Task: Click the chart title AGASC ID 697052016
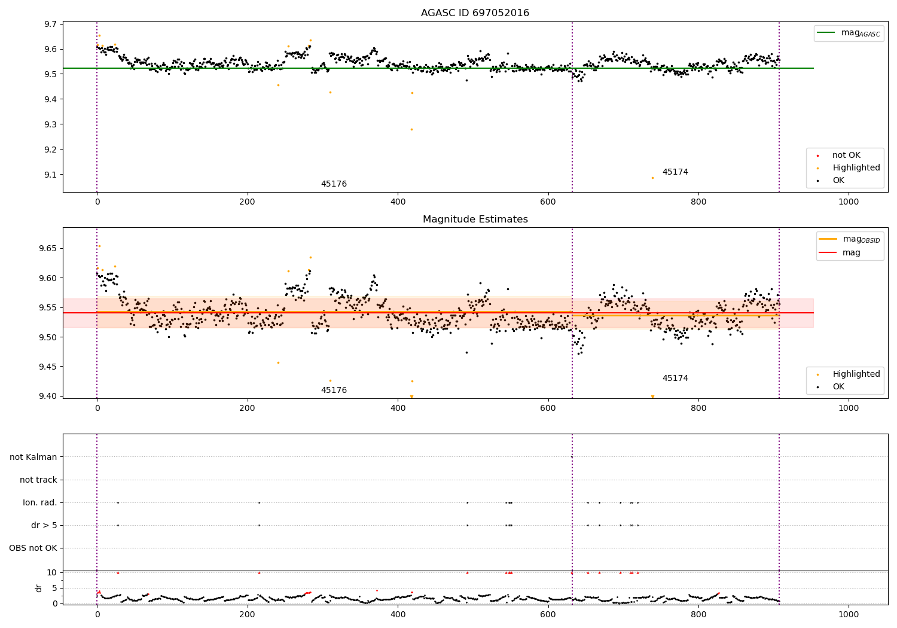pos(475,13)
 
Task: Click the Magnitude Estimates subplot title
pos(475,219)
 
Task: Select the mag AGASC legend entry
pos(849,33)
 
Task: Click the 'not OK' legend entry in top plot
pos(838,155)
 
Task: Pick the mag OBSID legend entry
pos(849,239)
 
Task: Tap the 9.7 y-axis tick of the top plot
pos(51,24)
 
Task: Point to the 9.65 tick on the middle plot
pos(48,248)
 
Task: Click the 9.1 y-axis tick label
pos(51,175)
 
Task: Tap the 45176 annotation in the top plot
pos(334,184)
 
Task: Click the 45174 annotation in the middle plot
pos(675,378)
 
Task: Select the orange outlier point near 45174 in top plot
pos(653,178)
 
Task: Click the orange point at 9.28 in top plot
pos(411,129)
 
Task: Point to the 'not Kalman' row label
pos(33,457)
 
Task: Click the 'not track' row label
pos(38,480)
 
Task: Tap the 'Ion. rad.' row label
pos(39,502)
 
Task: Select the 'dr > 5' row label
pos(44,525)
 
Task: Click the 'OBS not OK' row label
pos(33,548)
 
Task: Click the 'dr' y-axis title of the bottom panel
pos(38,588)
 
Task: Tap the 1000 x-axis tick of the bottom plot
pos(849,615)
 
